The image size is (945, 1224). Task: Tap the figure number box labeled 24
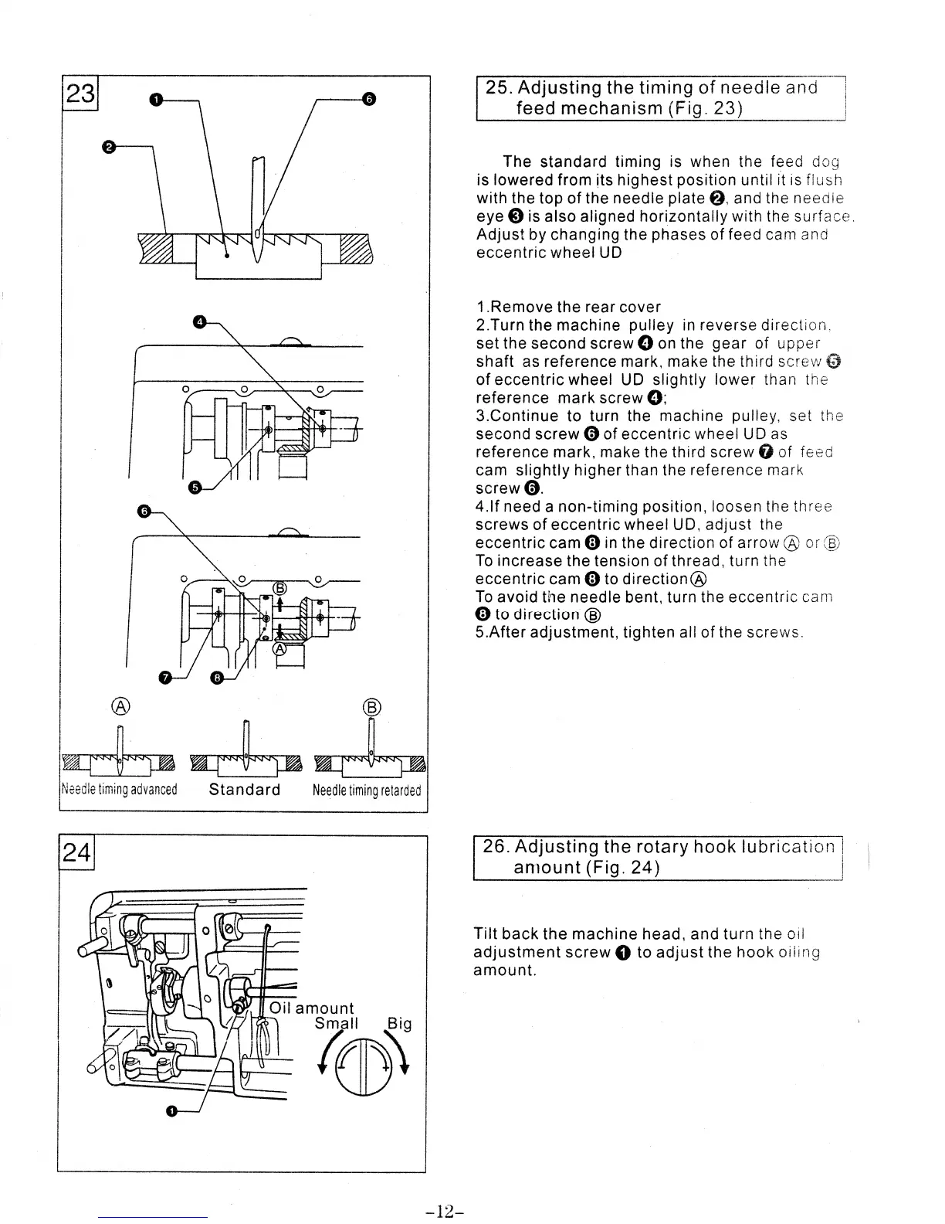(x=76, y=854)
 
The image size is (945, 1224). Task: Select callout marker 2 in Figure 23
(x=109, y=146)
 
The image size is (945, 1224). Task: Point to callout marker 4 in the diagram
(x=199, y=321)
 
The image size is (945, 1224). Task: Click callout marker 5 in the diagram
(x=195, y=487)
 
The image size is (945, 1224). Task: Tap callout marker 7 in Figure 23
(x=164, y=678)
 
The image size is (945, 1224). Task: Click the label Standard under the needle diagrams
(x=245, y=790)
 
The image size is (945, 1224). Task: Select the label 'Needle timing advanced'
(x=119, y=790)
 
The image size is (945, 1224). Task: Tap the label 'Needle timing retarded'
(x=367, y=790)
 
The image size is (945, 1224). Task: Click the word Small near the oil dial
(x=337, y=1024)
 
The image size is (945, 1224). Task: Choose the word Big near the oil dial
(x=399, y=1024)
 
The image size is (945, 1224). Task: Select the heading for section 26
(x=658, y=856)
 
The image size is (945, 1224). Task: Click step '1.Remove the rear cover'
(x=568, y=308)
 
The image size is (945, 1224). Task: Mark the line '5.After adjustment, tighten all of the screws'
(x=640, y=632)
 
